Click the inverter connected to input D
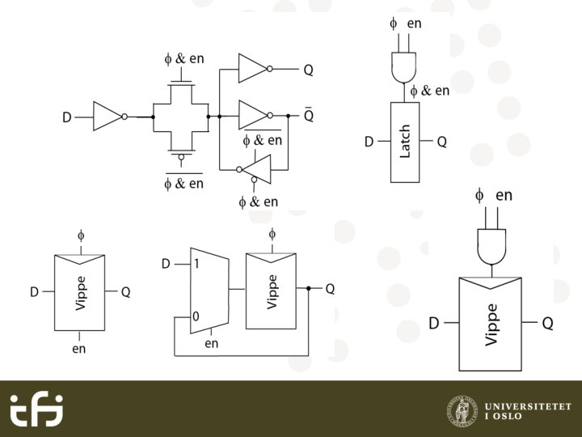point(108,117)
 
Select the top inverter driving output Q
point(253,69)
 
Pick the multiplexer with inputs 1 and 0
point(209,290)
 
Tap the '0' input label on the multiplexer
point(195,316)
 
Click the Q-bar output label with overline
point(308,116)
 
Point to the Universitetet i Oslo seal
point(462,409)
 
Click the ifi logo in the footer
point(36,409)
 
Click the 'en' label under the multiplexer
point(212,344)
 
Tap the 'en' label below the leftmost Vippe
point(78,349)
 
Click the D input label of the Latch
point(369,142)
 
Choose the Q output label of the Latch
point(442,142)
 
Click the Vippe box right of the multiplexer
point(271,290)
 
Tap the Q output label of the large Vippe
point(547,324)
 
